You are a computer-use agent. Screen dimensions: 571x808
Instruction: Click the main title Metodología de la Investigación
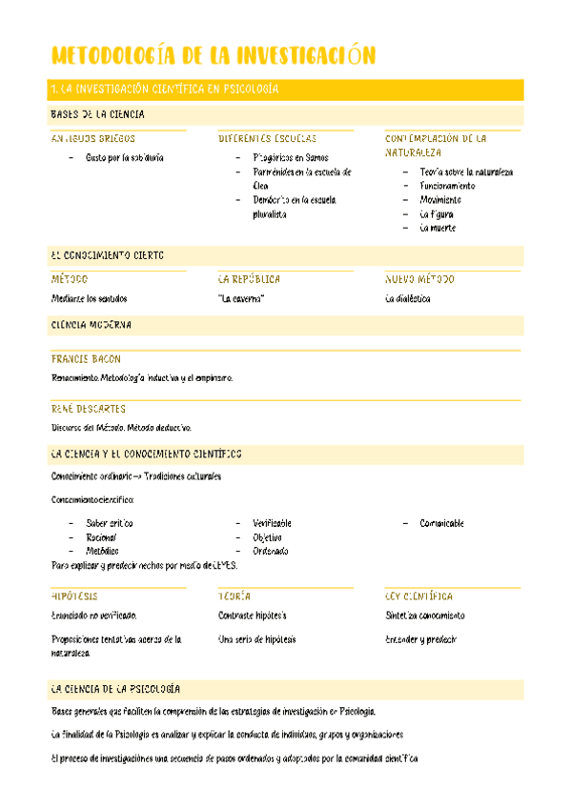(x=213, y=54)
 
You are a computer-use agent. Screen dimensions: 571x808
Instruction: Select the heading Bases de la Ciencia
(x=97, y=114)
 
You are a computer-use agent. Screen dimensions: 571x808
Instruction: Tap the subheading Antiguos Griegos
(x=92, y=138)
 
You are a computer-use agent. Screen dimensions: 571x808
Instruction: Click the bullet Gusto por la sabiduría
(x=124, y=157)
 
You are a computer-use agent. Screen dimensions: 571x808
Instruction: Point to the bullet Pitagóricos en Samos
(x=291, y=157)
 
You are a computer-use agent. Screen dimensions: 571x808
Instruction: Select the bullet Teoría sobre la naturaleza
(x=466, y=172)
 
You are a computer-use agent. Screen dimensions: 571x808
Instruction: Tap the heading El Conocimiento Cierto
(x=107, y=255)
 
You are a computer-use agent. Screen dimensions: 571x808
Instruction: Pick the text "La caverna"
(x=241, y=298)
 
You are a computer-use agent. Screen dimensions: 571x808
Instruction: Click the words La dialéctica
(x=407, y=298)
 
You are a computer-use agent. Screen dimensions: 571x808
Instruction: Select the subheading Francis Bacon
(x=86, y=359)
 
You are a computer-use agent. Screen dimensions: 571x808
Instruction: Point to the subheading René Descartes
(x=88, y=409)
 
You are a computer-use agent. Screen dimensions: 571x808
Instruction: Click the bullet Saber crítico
(x=109, y=523)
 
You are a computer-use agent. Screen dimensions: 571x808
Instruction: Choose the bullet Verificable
(x=272, y=523)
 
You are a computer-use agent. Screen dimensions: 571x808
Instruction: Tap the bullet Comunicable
(x=441, y=523)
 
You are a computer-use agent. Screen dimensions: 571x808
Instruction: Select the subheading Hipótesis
(x=74, y=596)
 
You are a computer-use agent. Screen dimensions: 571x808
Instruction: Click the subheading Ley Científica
(x=418, y=596)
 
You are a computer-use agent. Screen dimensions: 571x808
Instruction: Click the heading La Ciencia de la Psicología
(x=115, y=688)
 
